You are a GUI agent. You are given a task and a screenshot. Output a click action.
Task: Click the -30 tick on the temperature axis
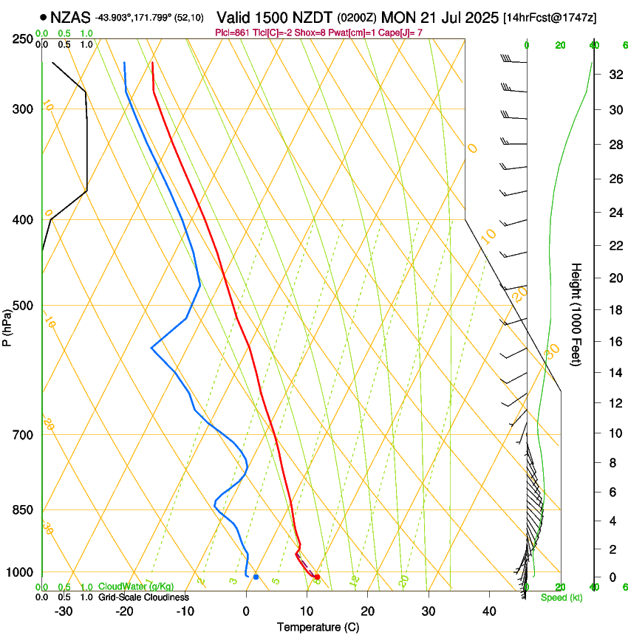[x=64, y=611]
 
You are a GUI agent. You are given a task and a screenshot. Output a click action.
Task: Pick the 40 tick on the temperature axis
[x=488, y=611]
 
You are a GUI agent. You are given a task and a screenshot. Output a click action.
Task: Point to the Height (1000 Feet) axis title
[x=577, y=315]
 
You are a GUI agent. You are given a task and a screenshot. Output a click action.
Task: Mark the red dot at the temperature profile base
[x=317, y=577]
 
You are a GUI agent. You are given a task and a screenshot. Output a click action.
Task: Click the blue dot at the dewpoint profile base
[x=256, y=577]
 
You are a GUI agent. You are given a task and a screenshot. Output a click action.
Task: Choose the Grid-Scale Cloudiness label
[x=143, y=597]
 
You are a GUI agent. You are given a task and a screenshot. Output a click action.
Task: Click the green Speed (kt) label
[x=561, y=597]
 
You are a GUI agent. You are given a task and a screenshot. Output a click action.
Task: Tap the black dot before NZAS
[x=44, y=16]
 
